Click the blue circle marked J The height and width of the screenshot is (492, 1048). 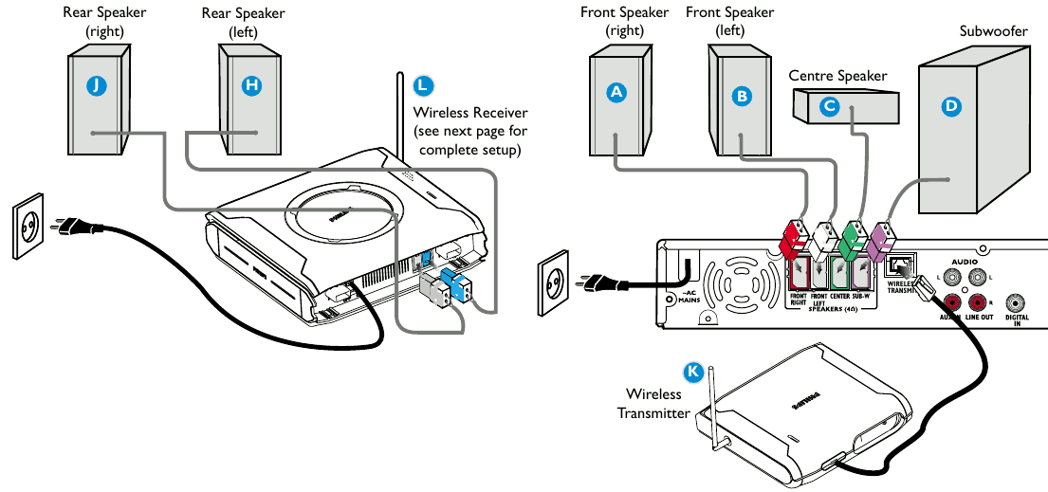tap(96, 85)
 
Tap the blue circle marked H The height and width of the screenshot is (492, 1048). tap(250, 85)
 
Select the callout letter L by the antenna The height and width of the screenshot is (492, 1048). tap(423, 85)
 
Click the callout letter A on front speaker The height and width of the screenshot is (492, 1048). tap(617, 92)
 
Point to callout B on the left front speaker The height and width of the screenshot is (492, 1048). tap(742, 96)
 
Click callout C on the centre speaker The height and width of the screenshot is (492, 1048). tap(830, 107)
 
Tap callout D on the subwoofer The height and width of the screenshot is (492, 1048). tap(951, 107)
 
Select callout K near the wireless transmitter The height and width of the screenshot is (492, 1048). tap(694, 372)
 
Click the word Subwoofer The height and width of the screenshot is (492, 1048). tap(993, 33)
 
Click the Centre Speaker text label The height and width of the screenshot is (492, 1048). tap(837, 75)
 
